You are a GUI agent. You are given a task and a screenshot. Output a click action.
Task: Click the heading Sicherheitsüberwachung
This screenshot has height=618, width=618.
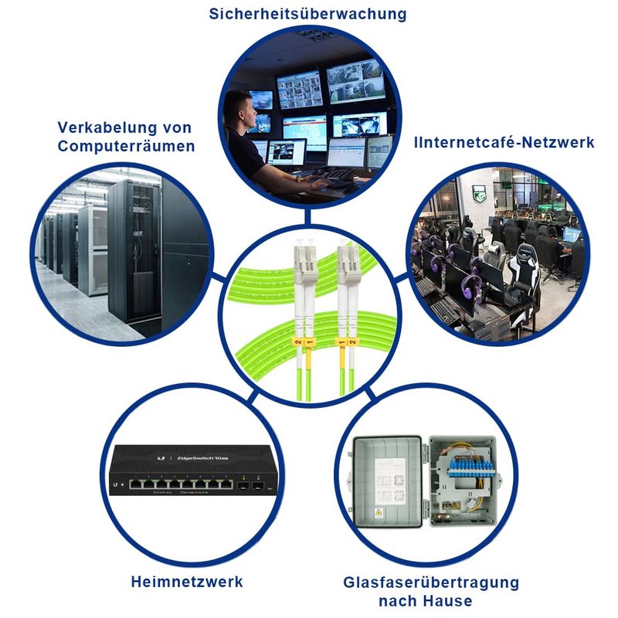pos(308,14)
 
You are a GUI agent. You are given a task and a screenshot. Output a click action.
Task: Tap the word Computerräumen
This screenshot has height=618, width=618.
pos(126,145)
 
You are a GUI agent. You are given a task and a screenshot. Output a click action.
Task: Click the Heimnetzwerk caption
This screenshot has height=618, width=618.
pos(188,582)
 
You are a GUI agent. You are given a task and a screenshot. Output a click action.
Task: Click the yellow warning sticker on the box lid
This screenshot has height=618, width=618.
pos(379,512)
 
